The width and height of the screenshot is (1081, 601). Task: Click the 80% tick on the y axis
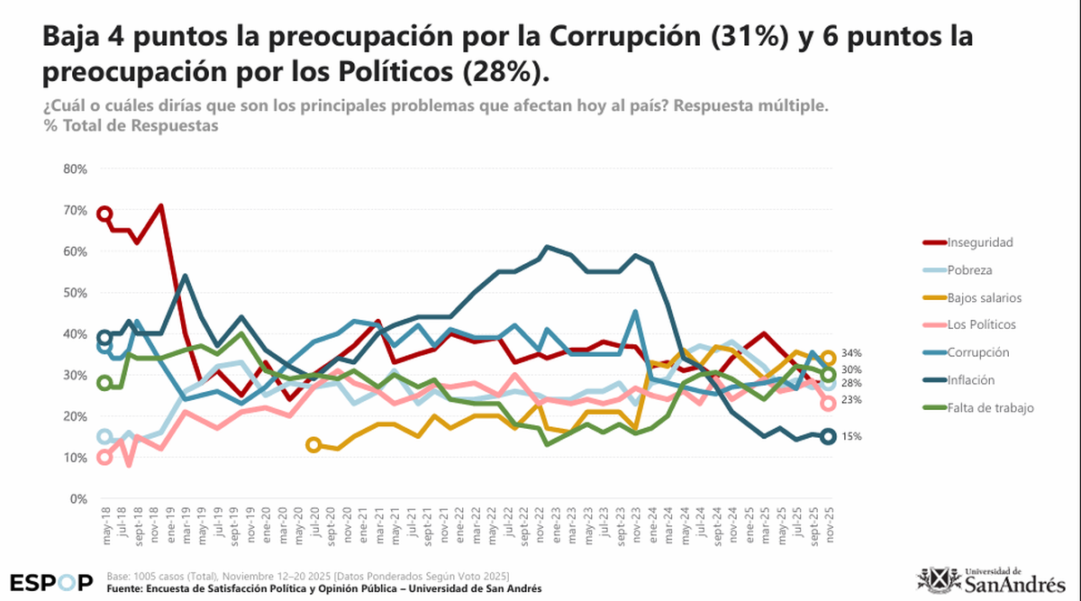(75, 169)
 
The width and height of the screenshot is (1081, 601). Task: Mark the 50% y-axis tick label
(75, 293)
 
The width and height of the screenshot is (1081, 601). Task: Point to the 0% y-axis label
(78, 498)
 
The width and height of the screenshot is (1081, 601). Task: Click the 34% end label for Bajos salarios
(852, 353)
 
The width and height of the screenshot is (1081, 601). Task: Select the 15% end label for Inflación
(852, 437)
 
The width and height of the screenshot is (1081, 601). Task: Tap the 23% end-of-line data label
(852, 400)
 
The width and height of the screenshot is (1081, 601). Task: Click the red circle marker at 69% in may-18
(104, 214)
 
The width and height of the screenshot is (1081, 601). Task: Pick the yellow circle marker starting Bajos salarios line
(313, 444)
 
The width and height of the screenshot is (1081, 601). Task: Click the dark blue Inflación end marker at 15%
(828, 437)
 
